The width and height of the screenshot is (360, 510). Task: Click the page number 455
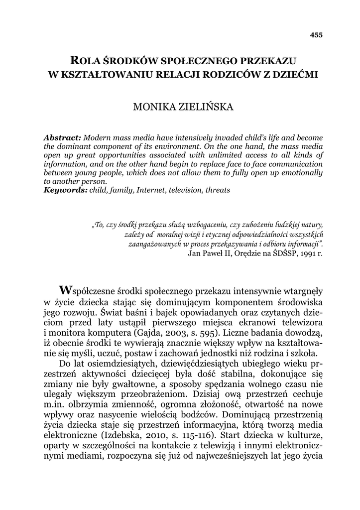click(x=316, y=35)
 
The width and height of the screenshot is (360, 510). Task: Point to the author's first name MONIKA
click(x=150, y=108)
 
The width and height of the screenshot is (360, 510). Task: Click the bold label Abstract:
click(x=63, y=137)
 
